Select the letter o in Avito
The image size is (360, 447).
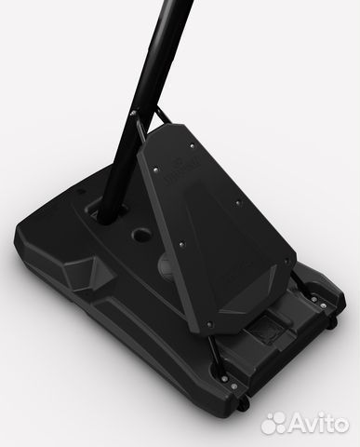(x=340, y=425)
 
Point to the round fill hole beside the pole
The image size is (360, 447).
(x=141, y=234)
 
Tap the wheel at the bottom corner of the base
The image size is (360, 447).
(x=245, y=403)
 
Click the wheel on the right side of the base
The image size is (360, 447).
(x=332, y=322)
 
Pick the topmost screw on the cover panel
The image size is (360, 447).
(x=192, y=145)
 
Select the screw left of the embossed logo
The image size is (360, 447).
(x=156, y=169)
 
